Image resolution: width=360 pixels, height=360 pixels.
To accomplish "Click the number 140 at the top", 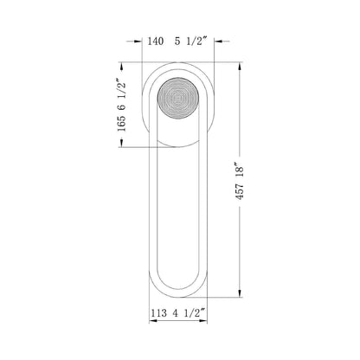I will click(x=157, y=40).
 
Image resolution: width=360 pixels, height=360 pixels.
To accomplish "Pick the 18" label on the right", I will click(x=250, y=166).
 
